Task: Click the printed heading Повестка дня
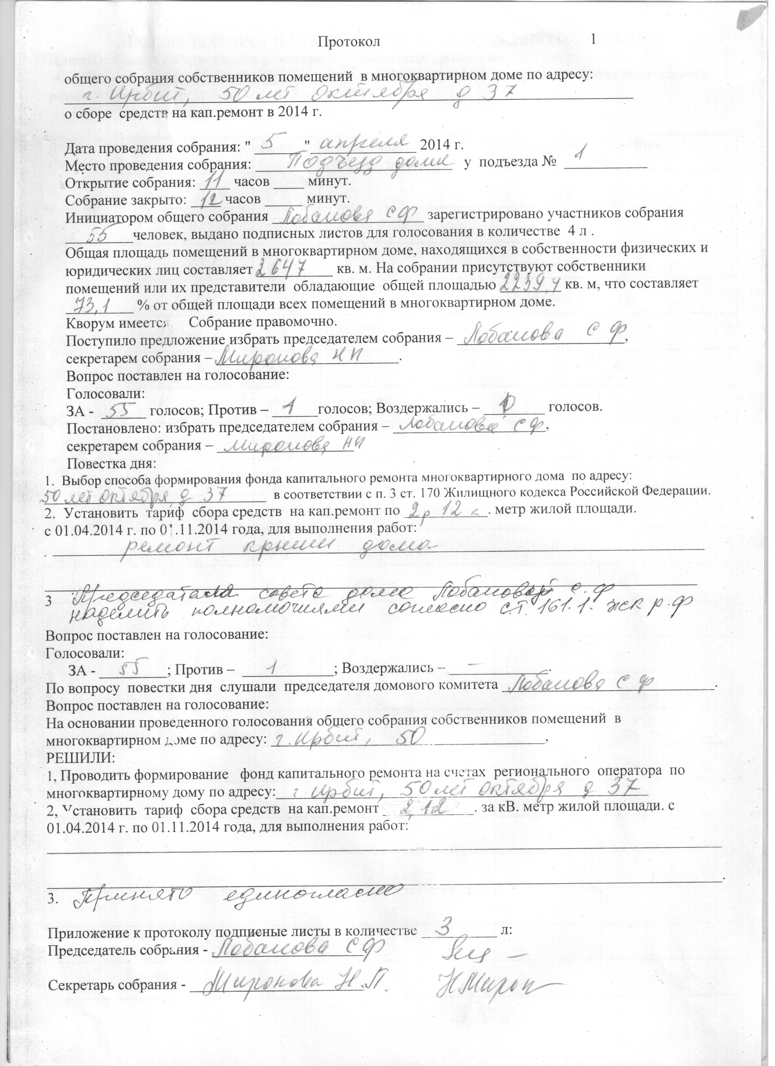(111, 464)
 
